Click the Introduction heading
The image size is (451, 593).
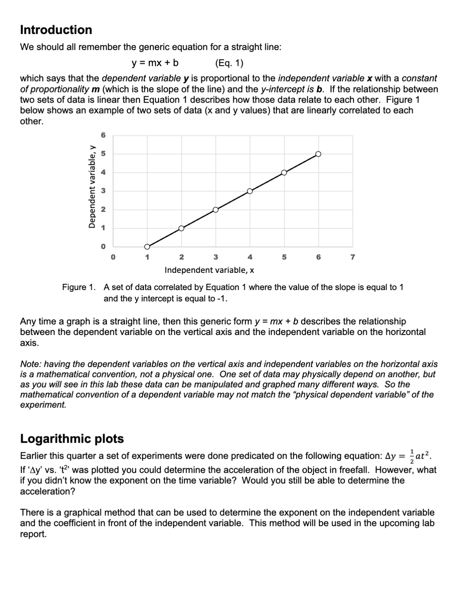pos(56,30)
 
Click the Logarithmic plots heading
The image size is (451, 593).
pos(72,438)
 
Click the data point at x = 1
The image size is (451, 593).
pos(147,246)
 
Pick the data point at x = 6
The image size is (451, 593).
pos(318,154)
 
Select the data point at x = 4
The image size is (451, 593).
pos(250,191)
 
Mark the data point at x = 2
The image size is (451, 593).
pos(181,228)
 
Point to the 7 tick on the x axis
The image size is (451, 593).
pos(353,257)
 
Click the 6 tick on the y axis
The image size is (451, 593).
pos(103,135)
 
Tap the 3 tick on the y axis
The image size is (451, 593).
pos(103,191)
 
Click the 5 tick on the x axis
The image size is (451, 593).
pos(284,257)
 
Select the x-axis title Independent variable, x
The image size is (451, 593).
pos(209,270)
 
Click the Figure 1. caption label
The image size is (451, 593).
pos(79,287)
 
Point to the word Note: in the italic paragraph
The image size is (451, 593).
pos(30,364)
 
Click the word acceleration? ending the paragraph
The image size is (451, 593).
pos(48,491)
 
